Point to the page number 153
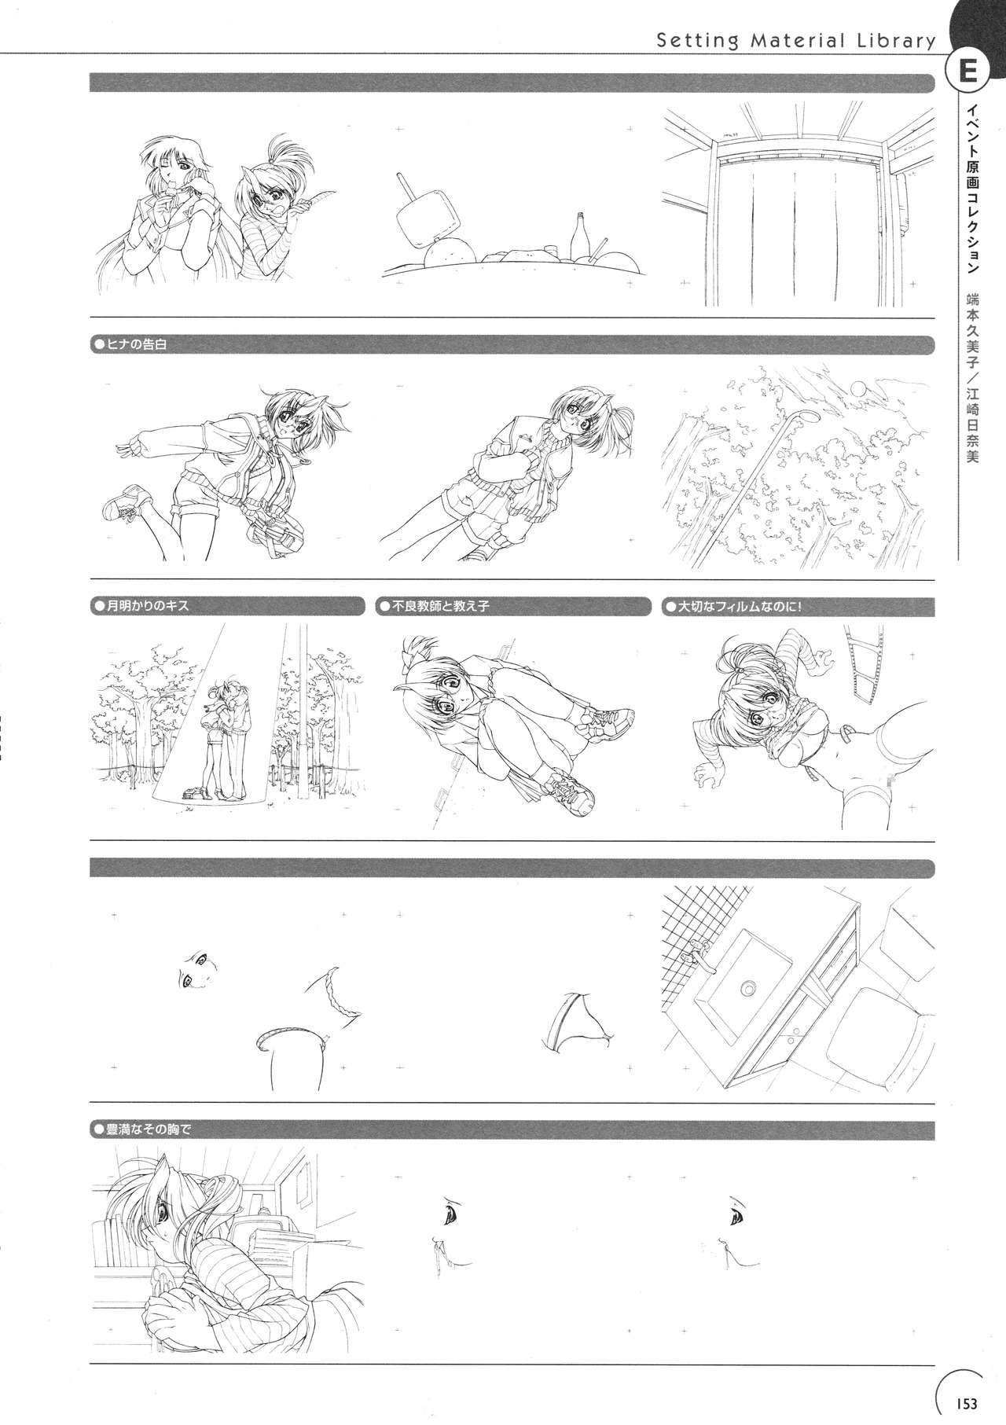click(x=966, y=1403)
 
